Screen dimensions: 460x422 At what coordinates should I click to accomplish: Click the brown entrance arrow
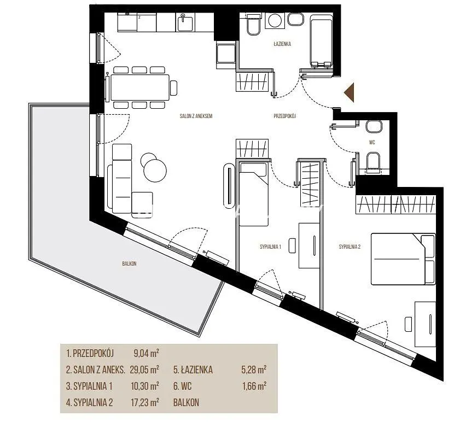pos(350,92)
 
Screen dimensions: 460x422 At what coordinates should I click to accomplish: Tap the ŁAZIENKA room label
pos(282,44)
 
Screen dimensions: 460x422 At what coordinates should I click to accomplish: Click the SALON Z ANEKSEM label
pos(196,116)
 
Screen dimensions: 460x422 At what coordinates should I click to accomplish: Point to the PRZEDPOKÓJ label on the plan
pos(284,116)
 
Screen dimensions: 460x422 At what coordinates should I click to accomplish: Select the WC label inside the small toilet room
pos(372,143)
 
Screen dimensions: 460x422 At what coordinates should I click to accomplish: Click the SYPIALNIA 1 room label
pos(271,247)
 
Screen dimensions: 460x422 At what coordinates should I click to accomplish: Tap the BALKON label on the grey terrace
pos(130,263)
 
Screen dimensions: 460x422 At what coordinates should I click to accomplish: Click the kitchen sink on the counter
pos(185,22)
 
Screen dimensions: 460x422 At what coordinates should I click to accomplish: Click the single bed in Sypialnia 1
pos(254,194)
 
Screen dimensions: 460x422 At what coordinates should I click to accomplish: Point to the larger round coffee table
pos(155,171)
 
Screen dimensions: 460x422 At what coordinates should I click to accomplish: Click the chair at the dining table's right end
pos(174,87)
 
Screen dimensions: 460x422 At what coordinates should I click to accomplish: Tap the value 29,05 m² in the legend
pos(144,370)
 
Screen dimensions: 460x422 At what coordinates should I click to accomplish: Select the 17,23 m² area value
pos(145,402)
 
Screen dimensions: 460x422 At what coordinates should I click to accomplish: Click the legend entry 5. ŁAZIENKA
pos(193,370)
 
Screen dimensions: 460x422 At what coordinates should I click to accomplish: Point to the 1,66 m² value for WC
pos(254,386)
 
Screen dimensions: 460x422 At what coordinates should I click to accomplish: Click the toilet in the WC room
pos(373,162)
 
